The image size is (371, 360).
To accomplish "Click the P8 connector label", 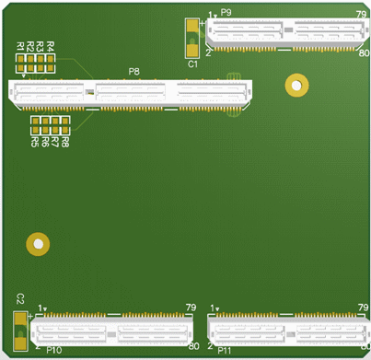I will click(134, 72).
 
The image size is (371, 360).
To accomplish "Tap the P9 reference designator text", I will click(226, 13).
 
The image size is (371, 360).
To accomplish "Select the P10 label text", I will click(53, 351).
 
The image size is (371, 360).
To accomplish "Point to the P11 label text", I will click(226, 351).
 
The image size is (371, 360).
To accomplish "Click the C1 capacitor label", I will click(192, 64).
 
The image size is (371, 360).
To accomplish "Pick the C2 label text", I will click(19, 297).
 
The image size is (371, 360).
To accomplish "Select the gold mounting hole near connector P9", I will click(296, 85).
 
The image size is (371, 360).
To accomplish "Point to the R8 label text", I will click(65, 143).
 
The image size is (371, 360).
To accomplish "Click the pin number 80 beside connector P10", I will click(193, 346).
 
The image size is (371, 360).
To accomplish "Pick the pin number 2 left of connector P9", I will click(209, 53).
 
